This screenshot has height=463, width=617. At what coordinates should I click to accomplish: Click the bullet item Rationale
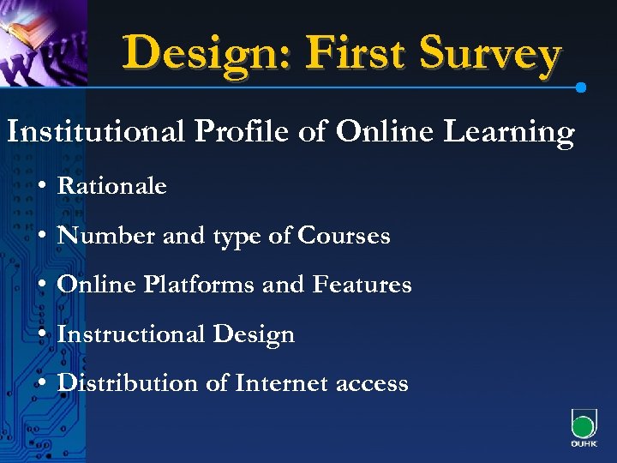111,185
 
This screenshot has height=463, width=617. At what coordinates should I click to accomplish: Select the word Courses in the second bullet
344,235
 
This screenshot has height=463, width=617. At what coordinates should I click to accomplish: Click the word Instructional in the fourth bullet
128,334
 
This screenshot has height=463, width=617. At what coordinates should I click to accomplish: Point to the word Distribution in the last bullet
129,383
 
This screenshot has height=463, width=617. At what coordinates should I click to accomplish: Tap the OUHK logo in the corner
584,429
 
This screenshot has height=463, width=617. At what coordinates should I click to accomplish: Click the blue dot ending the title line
581,87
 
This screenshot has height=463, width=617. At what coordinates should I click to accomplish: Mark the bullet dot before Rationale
41,186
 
